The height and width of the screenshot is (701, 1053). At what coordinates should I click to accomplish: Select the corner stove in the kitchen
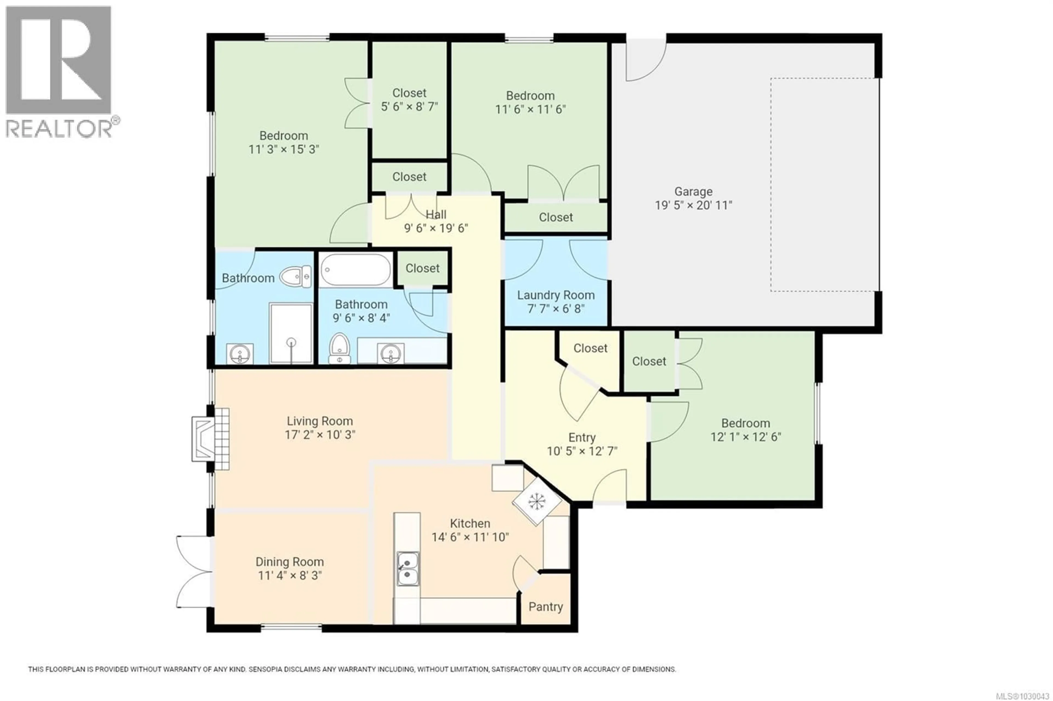[x=536, y=501]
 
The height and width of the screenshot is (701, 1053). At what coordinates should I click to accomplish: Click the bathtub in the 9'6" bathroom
[x=356, y=270]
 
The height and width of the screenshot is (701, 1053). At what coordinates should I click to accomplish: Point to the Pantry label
[x=545, y=607]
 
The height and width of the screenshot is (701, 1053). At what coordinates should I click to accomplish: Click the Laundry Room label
[x=556, y=295]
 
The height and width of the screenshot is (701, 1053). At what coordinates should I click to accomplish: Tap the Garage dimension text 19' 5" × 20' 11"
[x=693, y=205]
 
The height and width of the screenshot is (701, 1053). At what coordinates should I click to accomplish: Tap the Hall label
[x=436, y=215]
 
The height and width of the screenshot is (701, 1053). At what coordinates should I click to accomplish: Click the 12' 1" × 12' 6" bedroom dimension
[x=745, y=437]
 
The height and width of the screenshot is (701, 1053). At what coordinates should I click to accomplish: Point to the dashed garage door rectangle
[x=823, y=185]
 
